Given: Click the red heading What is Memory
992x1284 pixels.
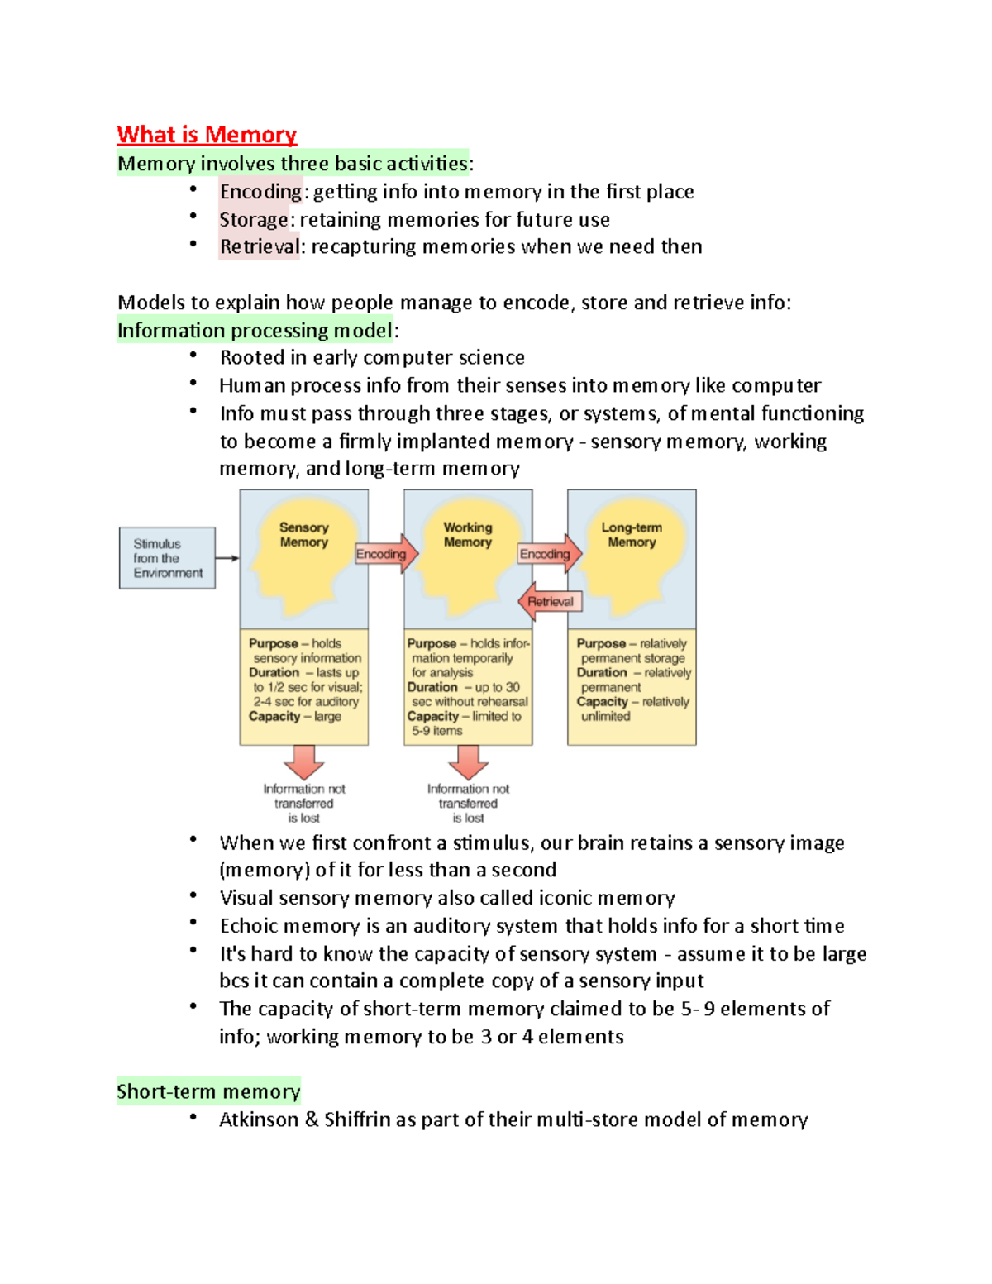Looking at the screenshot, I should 207,135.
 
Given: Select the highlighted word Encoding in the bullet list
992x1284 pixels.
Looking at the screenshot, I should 260,192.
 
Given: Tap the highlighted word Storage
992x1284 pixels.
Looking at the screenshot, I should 254,220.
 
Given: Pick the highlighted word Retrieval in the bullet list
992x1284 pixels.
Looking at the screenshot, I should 259,247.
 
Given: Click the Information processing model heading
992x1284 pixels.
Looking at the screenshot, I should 255,331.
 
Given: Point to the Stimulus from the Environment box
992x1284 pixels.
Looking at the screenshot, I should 167,558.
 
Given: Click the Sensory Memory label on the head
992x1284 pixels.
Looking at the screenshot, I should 303,535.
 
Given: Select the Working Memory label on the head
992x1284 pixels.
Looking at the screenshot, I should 467,535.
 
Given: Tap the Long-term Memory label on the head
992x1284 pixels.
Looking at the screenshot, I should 632,535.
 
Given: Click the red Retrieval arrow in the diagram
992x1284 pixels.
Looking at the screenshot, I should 550,601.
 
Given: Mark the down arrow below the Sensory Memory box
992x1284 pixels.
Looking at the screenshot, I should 304,761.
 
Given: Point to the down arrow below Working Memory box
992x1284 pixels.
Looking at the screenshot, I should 468,761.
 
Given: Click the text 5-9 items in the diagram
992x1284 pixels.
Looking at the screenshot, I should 437,731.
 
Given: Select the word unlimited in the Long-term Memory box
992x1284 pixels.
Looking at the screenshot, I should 605,716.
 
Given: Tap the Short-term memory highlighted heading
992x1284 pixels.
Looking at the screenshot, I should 208,1091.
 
